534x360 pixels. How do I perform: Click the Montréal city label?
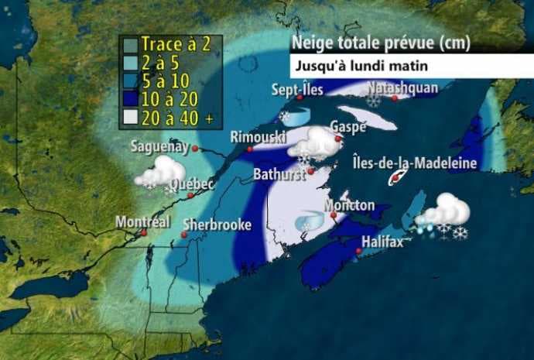click(142, 221)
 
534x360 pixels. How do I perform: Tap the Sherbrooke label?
click(217, 225)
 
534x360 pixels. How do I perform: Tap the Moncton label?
click(350, 205)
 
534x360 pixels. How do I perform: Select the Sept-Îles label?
click(297, 90)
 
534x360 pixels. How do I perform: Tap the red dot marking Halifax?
click(360, 250)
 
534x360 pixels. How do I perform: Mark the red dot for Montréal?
click(144, 231)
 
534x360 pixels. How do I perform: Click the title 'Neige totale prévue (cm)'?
click(379, 43)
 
